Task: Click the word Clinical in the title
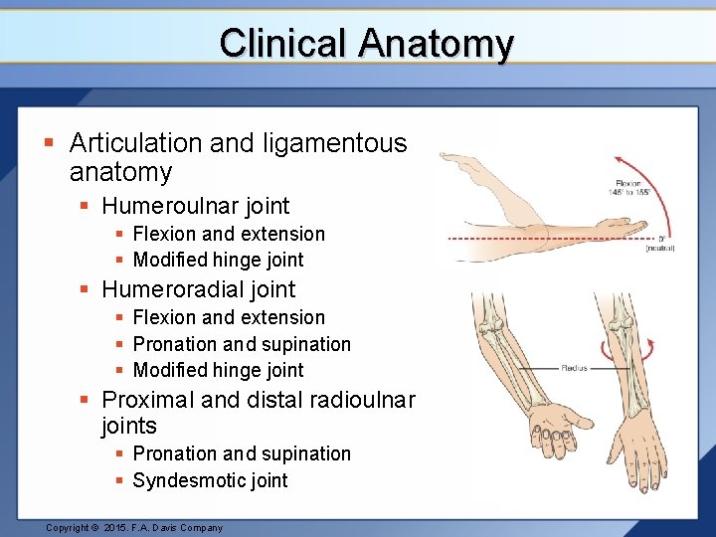282,44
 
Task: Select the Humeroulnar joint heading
195,206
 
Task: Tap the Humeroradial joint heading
198,289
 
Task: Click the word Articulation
137,143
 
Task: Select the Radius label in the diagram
575,368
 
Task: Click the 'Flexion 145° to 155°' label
630,187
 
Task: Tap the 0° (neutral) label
658,243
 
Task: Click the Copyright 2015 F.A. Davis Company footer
134,527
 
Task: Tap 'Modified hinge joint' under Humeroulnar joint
218,260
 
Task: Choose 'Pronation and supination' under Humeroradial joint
242,344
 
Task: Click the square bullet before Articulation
49,144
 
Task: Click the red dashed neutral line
557,239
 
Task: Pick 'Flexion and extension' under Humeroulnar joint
229,234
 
